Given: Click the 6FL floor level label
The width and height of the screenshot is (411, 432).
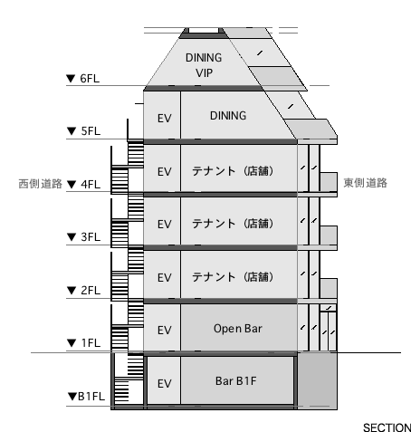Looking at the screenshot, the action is (90, 79).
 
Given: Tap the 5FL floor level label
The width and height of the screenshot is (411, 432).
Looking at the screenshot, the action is (91, 131).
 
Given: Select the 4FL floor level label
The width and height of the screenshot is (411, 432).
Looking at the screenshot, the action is (91, 184).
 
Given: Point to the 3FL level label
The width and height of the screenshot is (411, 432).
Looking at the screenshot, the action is (91, 237).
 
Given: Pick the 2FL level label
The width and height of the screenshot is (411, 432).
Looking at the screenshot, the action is (91, 290).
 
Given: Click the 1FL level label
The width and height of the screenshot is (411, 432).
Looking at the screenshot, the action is (91, 343).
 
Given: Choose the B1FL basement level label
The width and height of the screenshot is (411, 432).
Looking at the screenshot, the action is (91, 396).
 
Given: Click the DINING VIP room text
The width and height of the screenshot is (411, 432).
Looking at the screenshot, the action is (204, 65).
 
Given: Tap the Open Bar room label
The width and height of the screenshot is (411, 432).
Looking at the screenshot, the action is (238, 329).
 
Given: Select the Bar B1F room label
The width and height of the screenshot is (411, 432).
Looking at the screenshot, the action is (236, 381).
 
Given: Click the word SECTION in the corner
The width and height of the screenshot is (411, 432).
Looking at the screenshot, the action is (387, 427).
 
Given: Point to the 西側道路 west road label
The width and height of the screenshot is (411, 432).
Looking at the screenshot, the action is (41, 184).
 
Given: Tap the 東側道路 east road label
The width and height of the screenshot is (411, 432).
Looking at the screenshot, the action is (366, 183).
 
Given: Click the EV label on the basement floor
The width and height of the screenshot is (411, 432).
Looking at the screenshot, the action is (165, 384).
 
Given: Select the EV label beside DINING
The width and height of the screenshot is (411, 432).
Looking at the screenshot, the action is (165, 119).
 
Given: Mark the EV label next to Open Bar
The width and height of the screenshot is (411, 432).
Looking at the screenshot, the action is (165, 331).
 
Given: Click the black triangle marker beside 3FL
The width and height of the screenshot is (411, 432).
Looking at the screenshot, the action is (72, 237).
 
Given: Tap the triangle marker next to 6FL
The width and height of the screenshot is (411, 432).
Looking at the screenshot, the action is (71, 79).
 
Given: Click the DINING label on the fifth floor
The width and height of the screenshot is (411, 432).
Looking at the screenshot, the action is (228, 116).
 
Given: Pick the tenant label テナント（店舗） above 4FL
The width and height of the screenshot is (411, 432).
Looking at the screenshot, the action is (233, 171).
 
